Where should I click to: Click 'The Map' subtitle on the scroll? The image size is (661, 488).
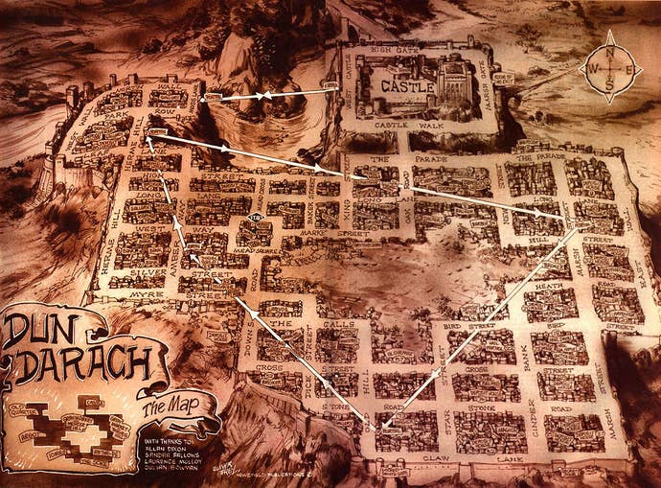click(163, 411)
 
